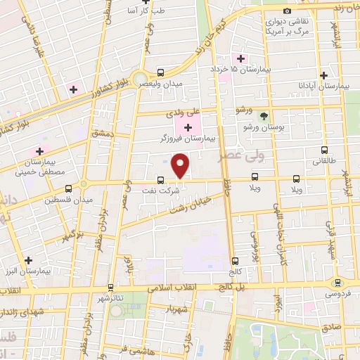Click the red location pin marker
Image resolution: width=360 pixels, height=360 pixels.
pyautogui.click(x=181, y=165)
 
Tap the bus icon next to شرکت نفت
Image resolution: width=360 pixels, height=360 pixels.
pyautogui.click(x=160, y=179)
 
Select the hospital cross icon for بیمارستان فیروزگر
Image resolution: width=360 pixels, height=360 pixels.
pyautogui.click(x=188, y=127)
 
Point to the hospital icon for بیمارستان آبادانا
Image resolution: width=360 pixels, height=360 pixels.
pyautogui.click(x=324, y=75)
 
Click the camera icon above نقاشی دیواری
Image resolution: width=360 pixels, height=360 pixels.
pyautogui.click(x=287, y=11)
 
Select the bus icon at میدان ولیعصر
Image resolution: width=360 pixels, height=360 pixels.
pyautogui.click(x=161, y=72)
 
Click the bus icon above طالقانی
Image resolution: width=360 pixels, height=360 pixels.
pyautogui.click(x=324, y=150)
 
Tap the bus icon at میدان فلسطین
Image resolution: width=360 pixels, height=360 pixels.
pyautogui.click(x=68, y=188)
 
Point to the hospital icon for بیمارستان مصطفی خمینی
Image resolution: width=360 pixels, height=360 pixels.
pyautogui.click(x=40, y=151)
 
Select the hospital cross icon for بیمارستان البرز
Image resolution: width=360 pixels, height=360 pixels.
pyautogui.click(x=27, y=259)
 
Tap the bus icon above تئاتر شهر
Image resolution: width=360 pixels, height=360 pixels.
pyautogui.click(x=111, y=287)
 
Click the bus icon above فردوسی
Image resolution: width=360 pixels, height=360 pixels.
pyautogui.click(x=338, y=283)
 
